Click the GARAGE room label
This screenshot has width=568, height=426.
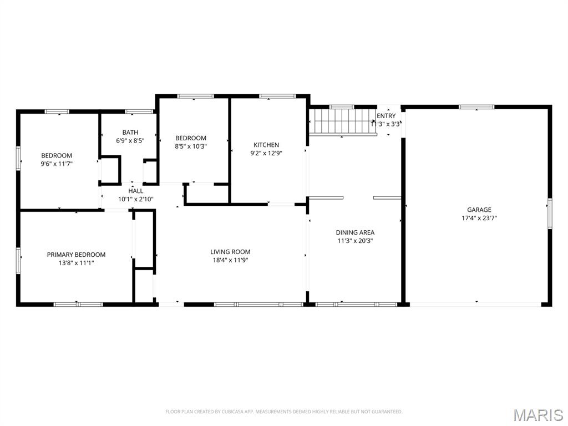pyautogui.click(x=479, y=210)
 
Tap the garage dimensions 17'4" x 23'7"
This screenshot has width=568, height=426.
pyautogui.click(x=479, y=218)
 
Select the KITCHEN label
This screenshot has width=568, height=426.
pyautogui.click(x=266, y=145)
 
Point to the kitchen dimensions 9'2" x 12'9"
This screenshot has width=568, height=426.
pyautogui.click(x=266, y=153)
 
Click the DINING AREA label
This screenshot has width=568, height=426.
pyautogui.click(x=355, y=232)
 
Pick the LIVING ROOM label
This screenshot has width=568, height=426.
pyautogui.click(x=230, y=252)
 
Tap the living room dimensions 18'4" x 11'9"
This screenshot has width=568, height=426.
pyautogui.click(x=230, y=260)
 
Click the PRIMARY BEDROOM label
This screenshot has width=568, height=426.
pyautogui.click(x=76, y=255)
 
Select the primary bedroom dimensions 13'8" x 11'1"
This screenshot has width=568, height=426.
pyautogui.click(x=76, y=263)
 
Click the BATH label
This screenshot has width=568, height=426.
pyautogui.click(x=130, y=133)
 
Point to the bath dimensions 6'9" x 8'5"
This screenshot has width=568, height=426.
pyautogui.click(x=130, y=141)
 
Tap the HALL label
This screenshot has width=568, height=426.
pyautogui.click(x=135, y=191)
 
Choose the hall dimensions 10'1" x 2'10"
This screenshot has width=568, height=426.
pyautogui.click(x=135, y=199)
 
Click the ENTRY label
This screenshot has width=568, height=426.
pyautogui.click(x=386, y=116)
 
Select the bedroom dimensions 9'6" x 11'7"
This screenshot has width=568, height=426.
pyautogui.click(x=57, y=164)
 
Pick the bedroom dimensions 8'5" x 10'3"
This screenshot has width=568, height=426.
pyautogui.click(x=191, y=146)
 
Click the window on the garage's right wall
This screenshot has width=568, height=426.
pyautogui.click(x=550, y=213)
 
